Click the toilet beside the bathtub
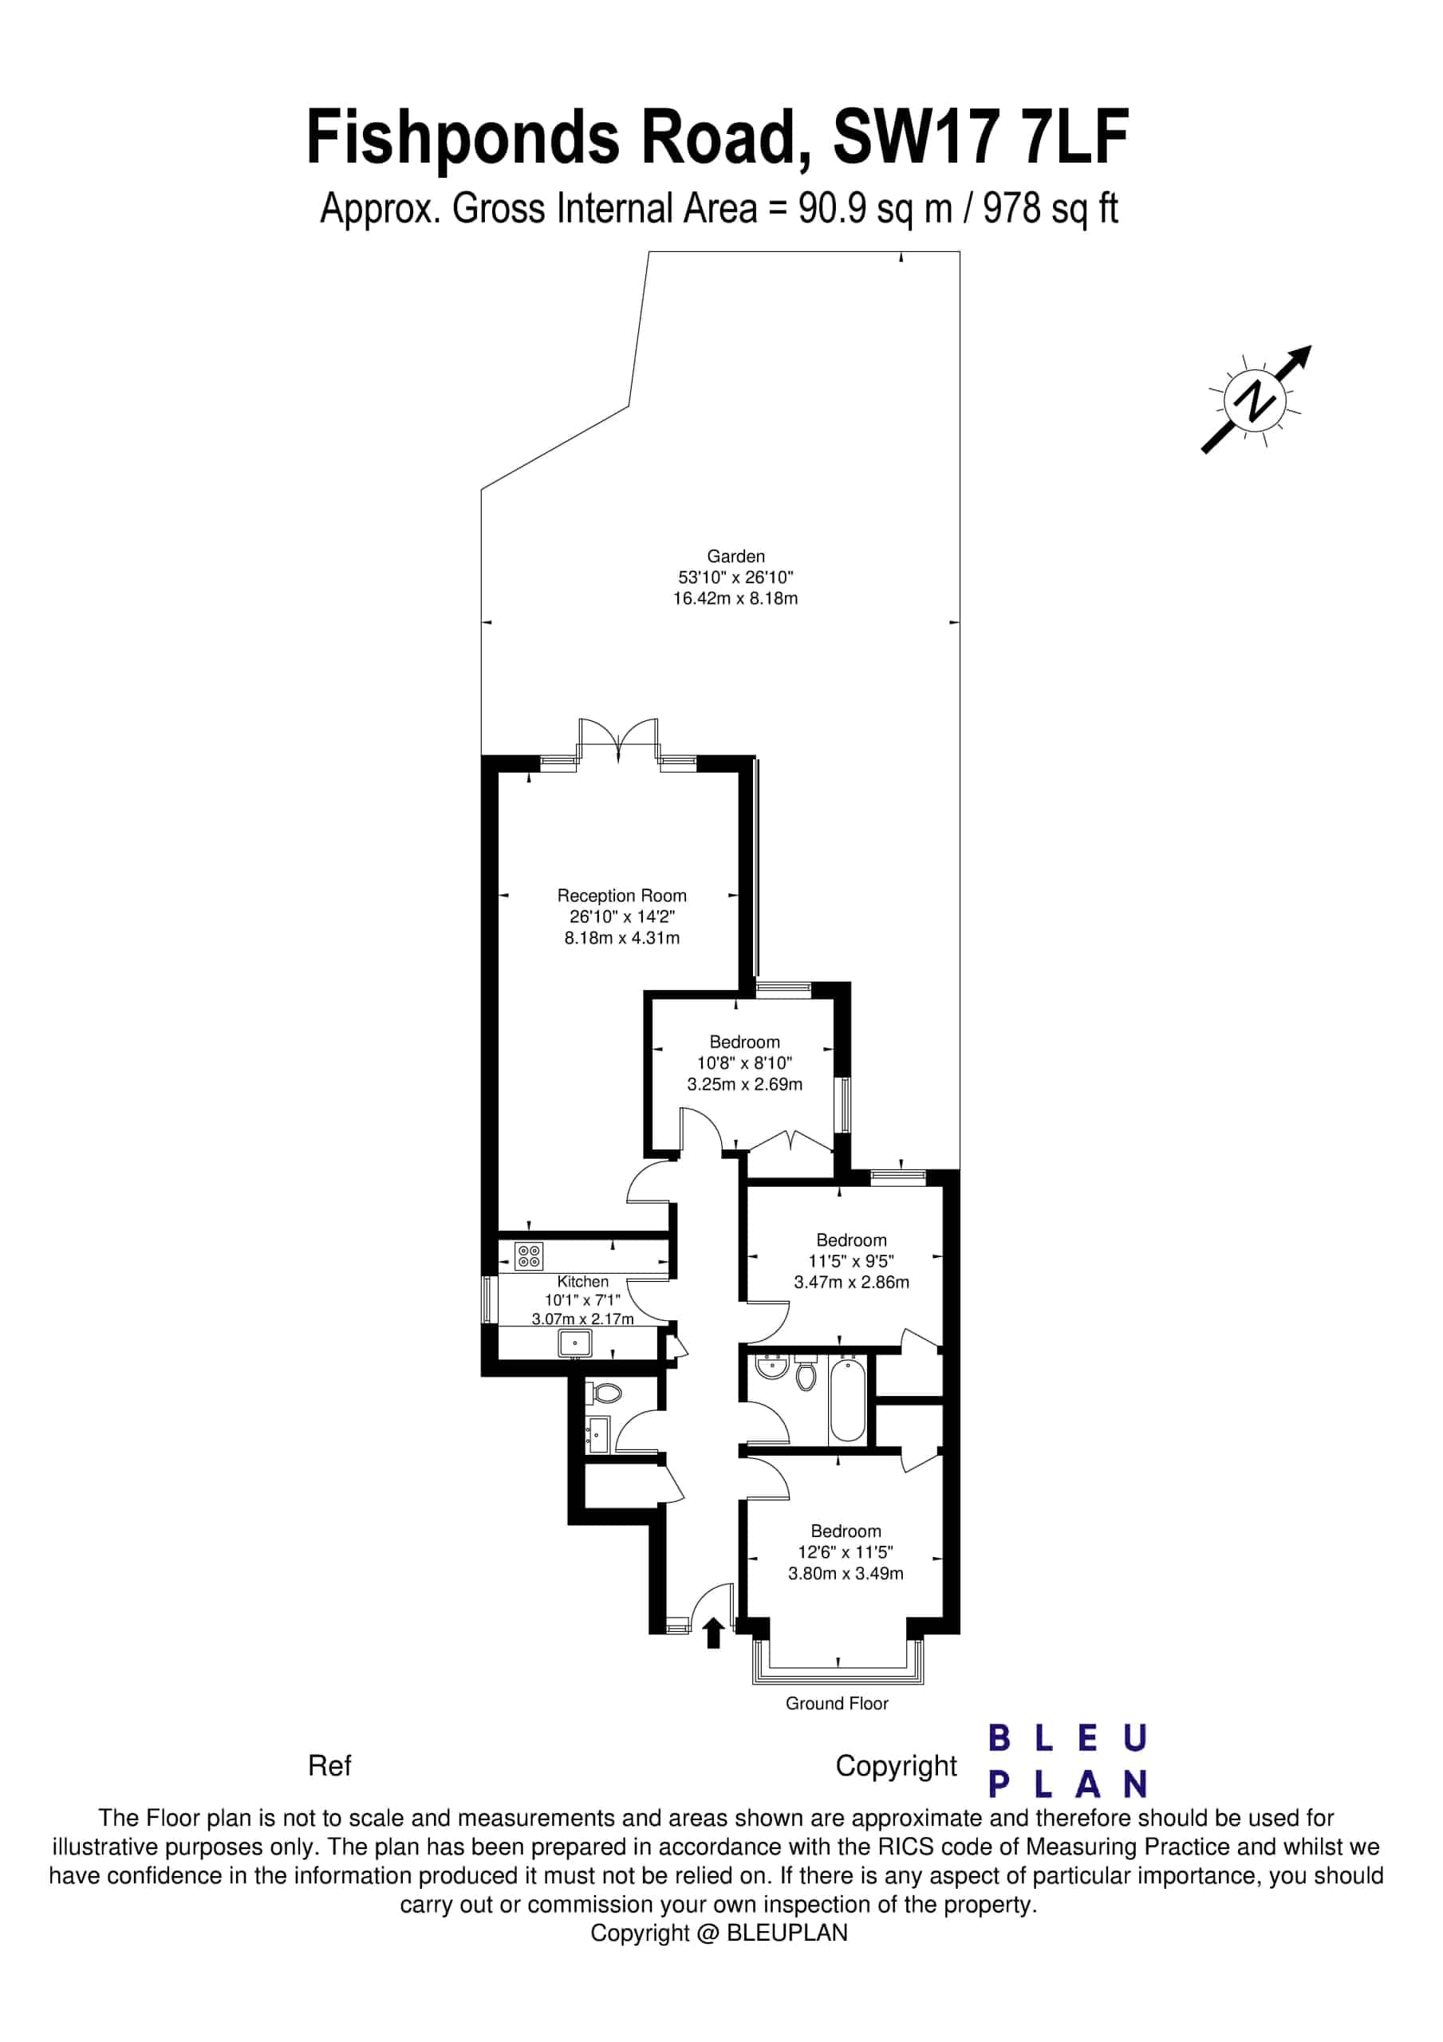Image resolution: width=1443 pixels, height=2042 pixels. tap(806, 1374)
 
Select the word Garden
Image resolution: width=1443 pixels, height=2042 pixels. tap(735, 556)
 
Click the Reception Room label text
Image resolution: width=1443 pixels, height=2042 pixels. tap(622, 896)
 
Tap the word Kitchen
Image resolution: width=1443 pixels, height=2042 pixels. tap(583, 1282)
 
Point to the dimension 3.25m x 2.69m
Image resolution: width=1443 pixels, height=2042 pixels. tap(744, 1084)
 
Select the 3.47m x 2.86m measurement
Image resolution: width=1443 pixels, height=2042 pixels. tap(851, 1282)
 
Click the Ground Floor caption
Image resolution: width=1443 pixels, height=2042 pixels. tap(836, 1703)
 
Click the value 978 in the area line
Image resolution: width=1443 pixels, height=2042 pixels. tap(1011, 208)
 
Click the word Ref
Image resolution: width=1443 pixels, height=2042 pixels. tap(329, 1765)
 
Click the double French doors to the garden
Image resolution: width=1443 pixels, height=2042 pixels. tap(618, 739)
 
